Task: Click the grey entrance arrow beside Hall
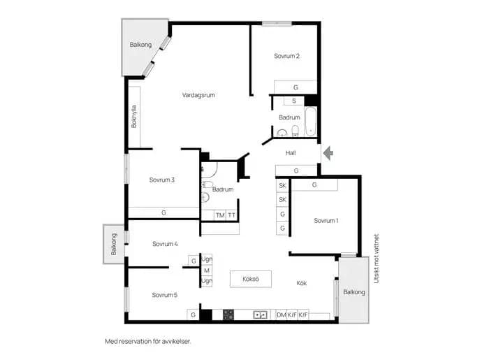(x=328, y=153)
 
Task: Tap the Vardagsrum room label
(x=198, y=95)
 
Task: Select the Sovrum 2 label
(x=286, y=56)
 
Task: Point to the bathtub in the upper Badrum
(x=310, y=121)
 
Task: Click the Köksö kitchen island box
(x=251, y=279)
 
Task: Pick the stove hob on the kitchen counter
(x=228, y=314)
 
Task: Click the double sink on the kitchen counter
(x=260, y=315)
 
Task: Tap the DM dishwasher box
(x=282, y=315)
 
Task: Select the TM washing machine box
(x=220, y=215)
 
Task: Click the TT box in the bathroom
(x=231, y=215)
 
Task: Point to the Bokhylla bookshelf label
(x=133, y=117)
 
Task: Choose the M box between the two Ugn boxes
(x=207, y=270)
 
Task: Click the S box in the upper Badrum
(x=294, y=101)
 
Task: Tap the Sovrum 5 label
(x=164, y=295)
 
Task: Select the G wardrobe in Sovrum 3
(x=163, y=212)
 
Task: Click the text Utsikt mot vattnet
(x=377, y=259)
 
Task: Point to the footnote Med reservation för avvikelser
(x=148, y=342)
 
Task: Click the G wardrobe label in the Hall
(x=296, y=171)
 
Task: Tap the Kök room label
(x=302, y=283)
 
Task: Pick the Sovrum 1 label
(x=326, y=221)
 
